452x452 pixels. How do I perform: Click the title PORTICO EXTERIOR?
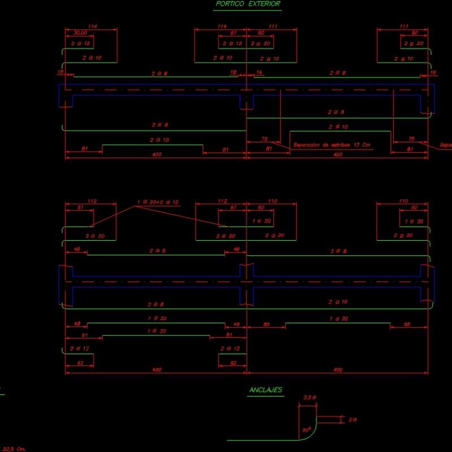248,4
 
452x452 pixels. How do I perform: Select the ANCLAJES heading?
266,390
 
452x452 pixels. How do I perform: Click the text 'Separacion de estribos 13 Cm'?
327,145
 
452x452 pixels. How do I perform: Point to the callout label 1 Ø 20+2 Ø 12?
158,202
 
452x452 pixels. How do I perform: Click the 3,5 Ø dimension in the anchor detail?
310,398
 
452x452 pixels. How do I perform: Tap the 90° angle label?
306,430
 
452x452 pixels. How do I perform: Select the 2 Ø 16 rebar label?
338,302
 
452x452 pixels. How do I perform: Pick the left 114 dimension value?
93,27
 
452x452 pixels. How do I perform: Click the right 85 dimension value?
408,324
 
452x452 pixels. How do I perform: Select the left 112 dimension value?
93,201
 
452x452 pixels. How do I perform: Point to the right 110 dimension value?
403,201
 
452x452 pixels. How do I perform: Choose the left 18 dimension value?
59,73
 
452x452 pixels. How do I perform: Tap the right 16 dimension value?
433,73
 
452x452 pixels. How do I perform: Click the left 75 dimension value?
264,139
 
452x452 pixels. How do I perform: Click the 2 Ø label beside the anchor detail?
353,420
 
